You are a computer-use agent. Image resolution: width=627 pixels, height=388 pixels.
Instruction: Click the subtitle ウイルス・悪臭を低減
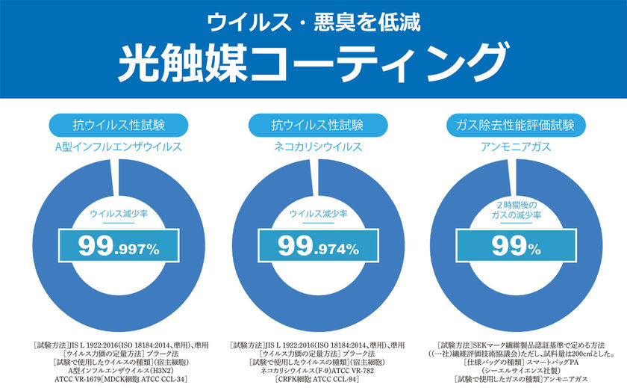pyautogui.click(x=313, y=21)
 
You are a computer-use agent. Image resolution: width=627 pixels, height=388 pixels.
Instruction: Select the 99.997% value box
pyautogui.click(x=118, y=245)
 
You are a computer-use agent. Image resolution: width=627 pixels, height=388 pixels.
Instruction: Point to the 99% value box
pyautogui.click(x=511, y=245)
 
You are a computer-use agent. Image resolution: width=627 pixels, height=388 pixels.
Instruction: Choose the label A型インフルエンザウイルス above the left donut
pyautogui.click(x=118, y=146)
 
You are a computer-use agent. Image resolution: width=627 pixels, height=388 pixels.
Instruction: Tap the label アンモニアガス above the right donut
pyautogui.click(x=511, y=146)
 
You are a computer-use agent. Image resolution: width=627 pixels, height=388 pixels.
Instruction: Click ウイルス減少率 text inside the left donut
pyautogui.click(x=118, y=214)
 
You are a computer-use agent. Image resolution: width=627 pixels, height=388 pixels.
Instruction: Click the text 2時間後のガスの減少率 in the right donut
pyautogui.click(x=511, y=210)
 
